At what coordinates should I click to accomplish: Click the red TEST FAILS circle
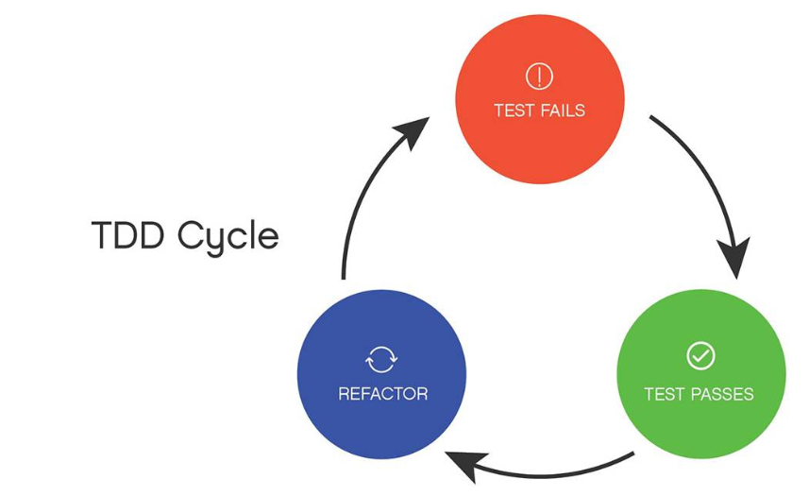click(540, 99)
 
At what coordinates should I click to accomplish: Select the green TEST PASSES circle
click(701, 374)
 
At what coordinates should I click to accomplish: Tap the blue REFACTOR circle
click(381, 374)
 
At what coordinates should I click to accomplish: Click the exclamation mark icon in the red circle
click(539, 77)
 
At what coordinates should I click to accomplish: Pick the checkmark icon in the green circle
click(700, 355)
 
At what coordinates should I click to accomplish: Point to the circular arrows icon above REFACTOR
click(381, 359)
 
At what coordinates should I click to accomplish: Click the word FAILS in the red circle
click(563, 111)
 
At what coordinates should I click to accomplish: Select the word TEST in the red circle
click(514, 111)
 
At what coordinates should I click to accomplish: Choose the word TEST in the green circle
click(665, 394)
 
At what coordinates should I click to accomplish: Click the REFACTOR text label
click(383, 394)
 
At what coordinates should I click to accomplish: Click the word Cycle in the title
click(228, 238)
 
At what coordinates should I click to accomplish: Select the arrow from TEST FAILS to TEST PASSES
click(711, 176)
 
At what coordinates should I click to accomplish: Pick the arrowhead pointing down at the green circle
click(734, 258)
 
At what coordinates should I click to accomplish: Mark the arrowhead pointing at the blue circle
click(465, 466)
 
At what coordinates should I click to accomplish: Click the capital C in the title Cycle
click(191, 235)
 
